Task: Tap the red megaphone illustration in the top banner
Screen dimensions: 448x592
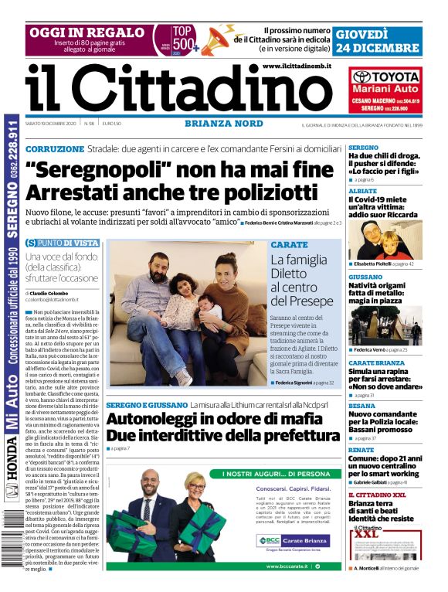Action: pos(218,39)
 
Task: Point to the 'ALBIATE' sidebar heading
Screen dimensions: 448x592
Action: pos(362,190)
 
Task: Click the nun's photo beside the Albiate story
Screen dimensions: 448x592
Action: pos(365,239)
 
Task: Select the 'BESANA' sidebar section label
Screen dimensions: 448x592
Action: pos(361,406)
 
